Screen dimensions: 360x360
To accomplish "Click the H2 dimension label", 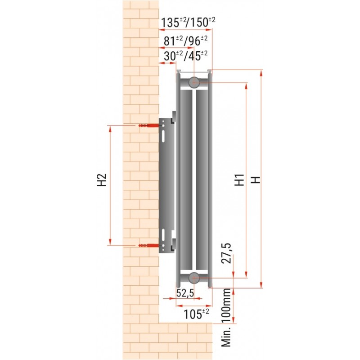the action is [x=102, y=180].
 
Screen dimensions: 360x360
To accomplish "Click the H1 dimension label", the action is [x=239, y=180].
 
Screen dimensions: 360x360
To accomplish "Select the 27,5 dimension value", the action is [x=227, y=253].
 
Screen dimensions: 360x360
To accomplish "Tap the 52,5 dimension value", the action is [x=185, y=293].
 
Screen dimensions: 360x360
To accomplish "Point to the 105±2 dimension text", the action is [x=196, y=314].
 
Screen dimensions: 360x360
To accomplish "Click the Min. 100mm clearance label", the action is [x=226, y=318].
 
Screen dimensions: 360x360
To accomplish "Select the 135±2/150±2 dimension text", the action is [x=188, y=22].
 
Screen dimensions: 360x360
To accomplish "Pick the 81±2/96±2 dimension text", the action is [x=185, y=41].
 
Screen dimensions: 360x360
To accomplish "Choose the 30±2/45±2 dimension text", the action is [x=186, y=56].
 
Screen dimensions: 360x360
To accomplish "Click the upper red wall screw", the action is [x=148, y=126].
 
